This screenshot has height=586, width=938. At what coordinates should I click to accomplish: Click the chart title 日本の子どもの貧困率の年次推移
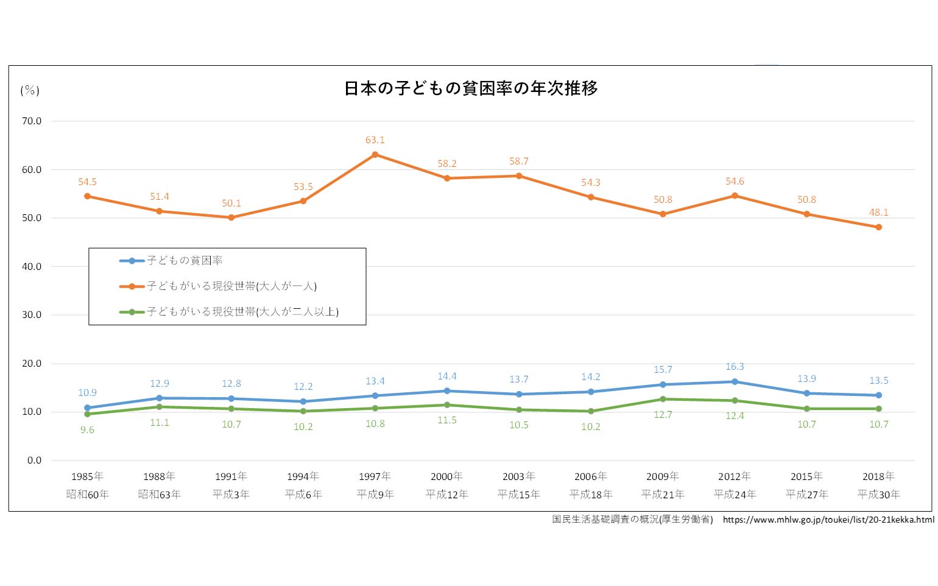(470, 89)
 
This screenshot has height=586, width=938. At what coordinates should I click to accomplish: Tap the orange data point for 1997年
(375, 155)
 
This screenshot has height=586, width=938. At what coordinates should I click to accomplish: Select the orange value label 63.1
(375, 140)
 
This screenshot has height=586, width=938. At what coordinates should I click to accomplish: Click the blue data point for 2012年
(735, 382)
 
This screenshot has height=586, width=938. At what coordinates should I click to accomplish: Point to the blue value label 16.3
(735, 367)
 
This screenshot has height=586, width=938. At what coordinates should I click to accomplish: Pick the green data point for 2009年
(663, 399)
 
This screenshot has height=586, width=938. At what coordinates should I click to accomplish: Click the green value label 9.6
(87, 430)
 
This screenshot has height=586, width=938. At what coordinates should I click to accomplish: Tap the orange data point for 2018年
(878, 227)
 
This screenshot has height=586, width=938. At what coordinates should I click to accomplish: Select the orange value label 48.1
(878, 213)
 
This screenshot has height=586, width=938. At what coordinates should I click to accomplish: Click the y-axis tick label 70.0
(32, 121)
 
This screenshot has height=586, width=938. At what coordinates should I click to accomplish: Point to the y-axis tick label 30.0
(32, 315)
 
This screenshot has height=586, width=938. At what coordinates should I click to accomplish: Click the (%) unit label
(30, 91)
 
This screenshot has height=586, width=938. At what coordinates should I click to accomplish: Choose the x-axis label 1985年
(87, 476)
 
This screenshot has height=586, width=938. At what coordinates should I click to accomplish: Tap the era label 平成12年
(447, 495)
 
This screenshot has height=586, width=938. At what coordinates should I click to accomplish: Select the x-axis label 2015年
(806, 476)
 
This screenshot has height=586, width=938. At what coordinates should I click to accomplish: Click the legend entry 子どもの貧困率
(185, 261)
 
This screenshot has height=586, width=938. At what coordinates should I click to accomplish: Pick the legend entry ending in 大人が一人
(231, 286)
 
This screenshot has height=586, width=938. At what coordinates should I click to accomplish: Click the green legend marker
(132, 312)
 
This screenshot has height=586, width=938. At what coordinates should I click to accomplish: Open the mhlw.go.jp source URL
(828, 520)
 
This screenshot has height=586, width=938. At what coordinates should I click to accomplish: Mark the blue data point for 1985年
(87, 408)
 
